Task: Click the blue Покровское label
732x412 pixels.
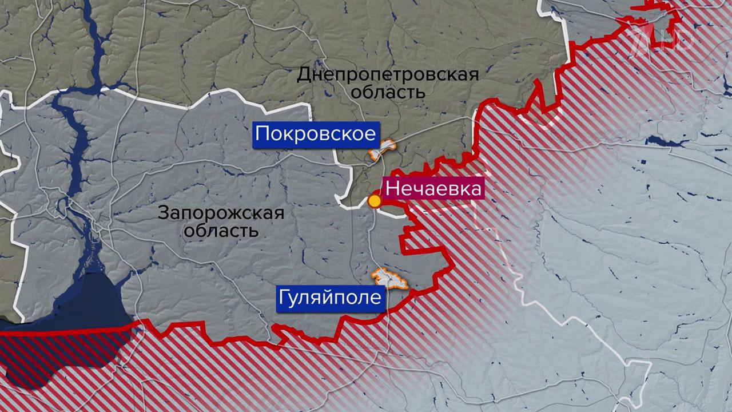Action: click(315, 134)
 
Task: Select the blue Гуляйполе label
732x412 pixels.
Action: click(329, 298)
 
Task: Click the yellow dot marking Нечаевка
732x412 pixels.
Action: click(374, 201)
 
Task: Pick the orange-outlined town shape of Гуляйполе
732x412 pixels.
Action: click(391, 279)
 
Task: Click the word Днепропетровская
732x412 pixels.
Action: click(388, 74)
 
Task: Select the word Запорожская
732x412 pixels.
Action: click(221, 214)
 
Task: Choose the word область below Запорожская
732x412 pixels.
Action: click(221, 231)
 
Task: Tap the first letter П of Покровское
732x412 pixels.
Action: click(262, 134)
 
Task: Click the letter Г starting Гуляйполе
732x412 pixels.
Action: click(284, 298)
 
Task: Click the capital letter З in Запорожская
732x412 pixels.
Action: click(163, 214)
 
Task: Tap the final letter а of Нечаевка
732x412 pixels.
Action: click(475, 189)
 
